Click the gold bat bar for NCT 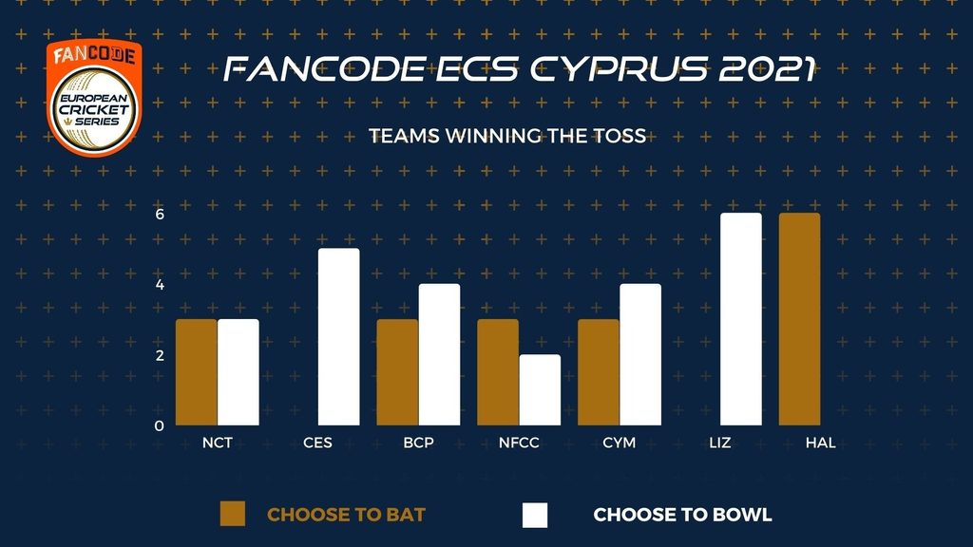(196, 372)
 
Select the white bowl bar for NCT (238, 372)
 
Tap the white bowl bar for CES (339, 337)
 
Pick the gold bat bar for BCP (397, 372)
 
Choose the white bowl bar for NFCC (540, 390)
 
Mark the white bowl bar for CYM (640, 355)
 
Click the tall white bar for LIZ (741, 319)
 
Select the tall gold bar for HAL (799, 319)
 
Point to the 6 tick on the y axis (160, 214)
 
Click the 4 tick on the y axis (160, 285)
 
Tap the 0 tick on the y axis (160, 426)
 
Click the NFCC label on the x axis (519, 443)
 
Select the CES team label (317, 443)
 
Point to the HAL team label (820, 443)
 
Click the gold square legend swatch (233, 514)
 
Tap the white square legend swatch (535, 515)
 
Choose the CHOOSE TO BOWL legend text (682, 515)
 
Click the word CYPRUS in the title (619, 68)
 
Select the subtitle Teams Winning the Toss (507, 136)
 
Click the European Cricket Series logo (94, 98)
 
